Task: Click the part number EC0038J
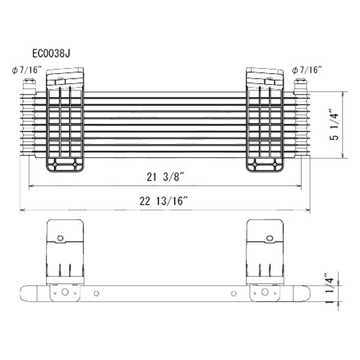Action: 51,53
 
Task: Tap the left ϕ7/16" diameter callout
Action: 27,70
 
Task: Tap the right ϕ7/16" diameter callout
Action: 307,70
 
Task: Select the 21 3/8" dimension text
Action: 166,177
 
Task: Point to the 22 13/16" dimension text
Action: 164,201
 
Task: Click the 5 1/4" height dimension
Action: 334,127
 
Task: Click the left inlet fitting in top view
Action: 29,86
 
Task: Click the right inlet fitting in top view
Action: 301,86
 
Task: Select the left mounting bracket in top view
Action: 65,119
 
